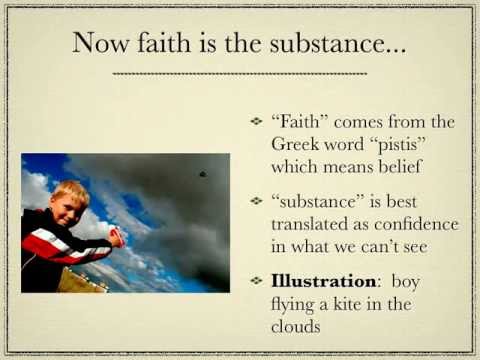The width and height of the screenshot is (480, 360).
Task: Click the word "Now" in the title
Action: click(101, 42)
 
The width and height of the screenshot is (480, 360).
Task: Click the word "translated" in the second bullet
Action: click(313, 222)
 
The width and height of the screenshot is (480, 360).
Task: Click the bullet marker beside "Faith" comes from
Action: click(258, 122)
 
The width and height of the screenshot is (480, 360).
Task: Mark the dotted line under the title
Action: click(240, 73)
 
